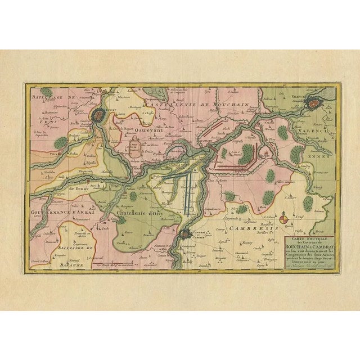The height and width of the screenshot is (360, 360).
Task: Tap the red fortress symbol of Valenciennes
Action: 313,104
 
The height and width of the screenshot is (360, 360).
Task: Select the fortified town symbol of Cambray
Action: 185,234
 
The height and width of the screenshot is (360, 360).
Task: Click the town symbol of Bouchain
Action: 210,145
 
